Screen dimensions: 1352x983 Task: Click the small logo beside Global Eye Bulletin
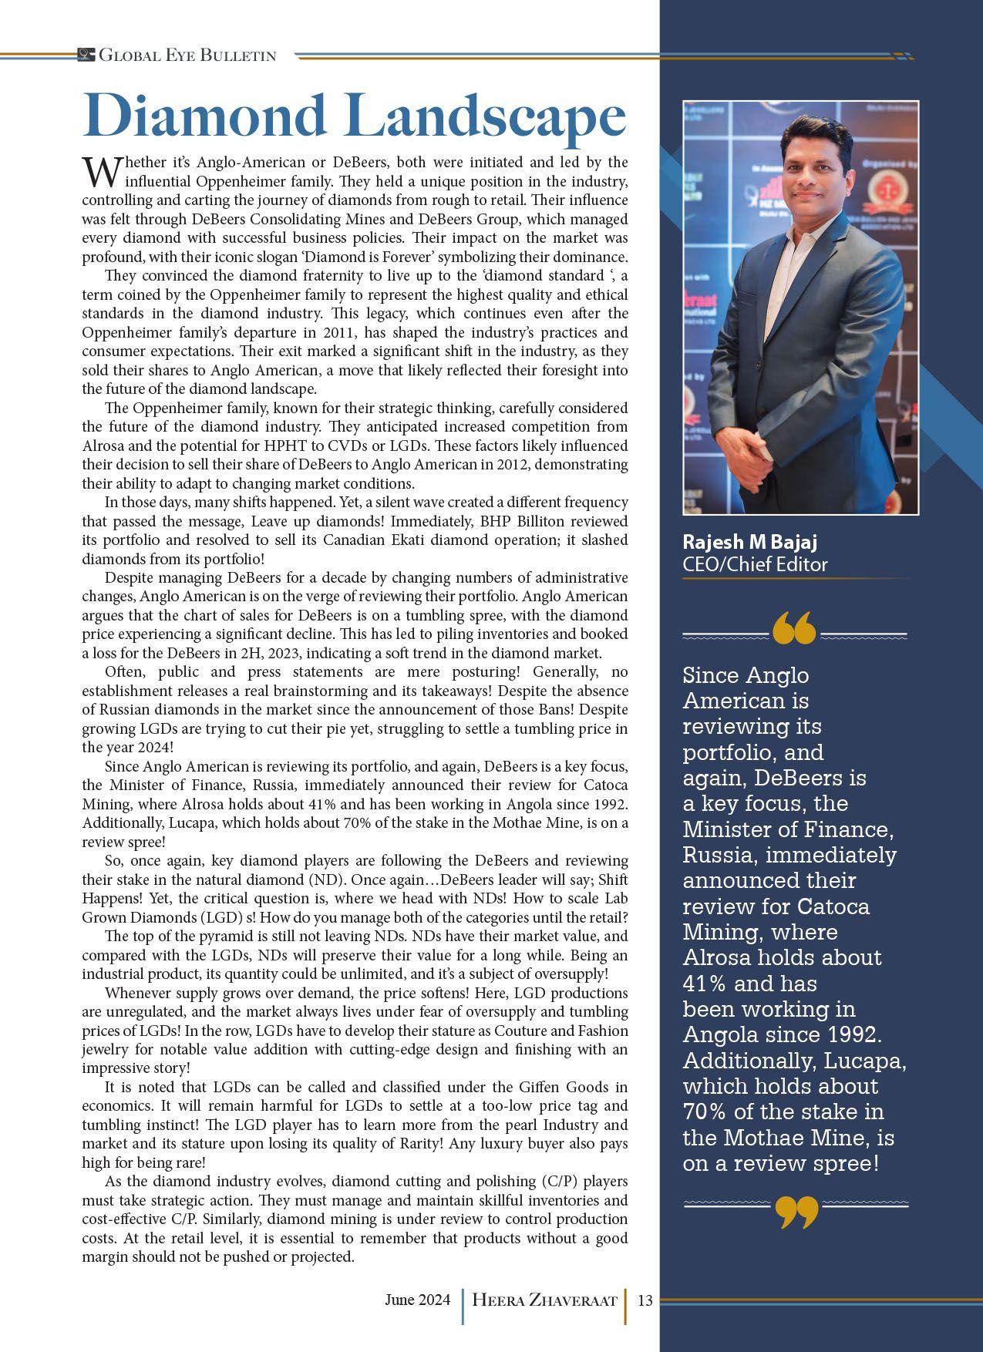tap(86, 55)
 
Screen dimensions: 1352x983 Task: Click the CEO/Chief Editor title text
tap(755, 564)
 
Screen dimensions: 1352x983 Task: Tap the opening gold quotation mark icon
tap(793, 628)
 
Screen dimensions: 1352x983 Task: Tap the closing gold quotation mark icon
tap(796, 1212)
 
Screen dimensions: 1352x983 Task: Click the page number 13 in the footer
tap(645, 1300)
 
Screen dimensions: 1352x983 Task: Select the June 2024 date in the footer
tap(417, 1300)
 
